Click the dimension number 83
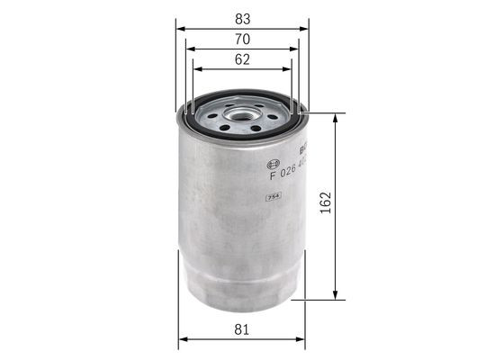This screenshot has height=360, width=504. coord(242,16)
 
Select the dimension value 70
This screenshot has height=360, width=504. coord(242,39)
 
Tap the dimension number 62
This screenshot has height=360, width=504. coord(242,59)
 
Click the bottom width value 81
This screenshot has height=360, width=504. coord(242,329)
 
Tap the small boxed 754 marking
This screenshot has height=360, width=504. coord(273,196)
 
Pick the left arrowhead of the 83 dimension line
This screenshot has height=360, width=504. coord(181,28)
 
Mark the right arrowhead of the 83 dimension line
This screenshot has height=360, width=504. coord(304,28)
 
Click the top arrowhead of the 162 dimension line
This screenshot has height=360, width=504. coord(336,118)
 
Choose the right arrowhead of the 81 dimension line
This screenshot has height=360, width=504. coord(301,340)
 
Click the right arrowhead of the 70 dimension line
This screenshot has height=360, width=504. coord(296,49)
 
